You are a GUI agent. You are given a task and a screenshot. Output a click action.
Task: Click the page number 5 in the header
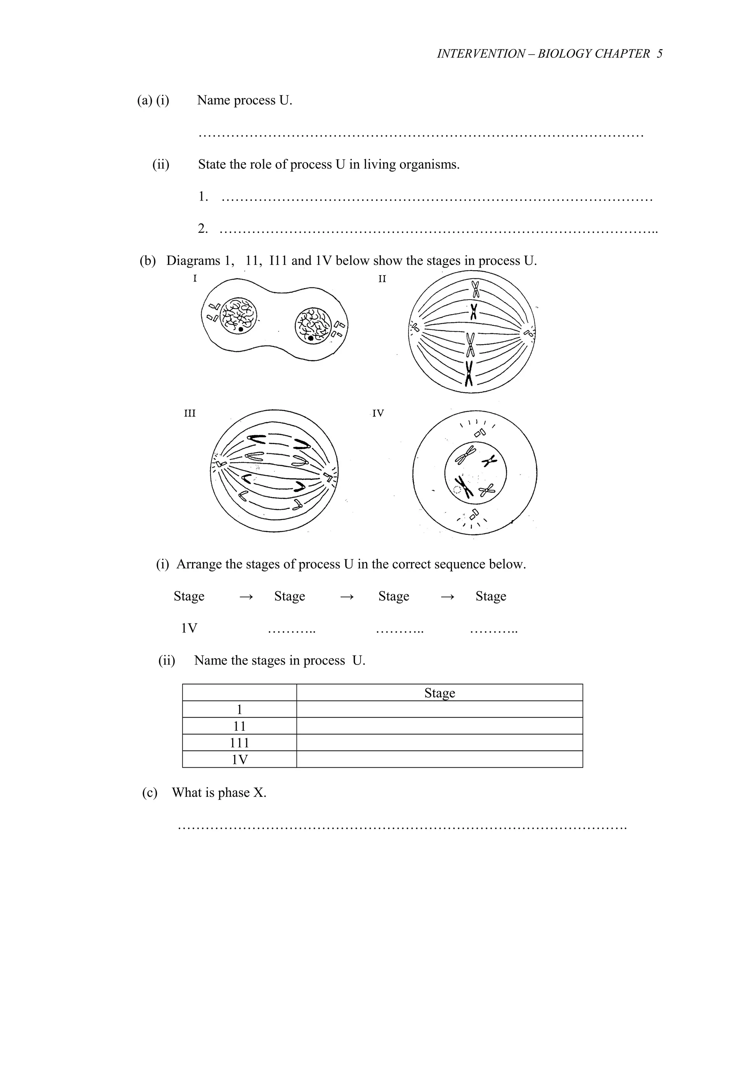(x=659, y=54)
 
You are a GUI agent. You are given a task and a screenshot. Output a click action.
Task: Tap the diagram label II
(x=382, y=279)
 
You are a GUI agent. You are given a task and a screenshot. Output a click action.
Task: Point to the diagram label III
(x=190, y=413)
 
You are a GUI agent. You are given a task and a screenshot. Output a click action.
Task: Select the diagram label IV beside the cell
(x=378, y=413)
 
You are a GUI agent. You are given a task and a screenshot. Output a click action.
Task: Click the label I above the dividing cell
(x=195, y=279)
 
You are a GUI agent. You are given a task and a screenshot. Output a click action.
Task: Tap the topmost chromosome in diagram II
(x=475, y=289)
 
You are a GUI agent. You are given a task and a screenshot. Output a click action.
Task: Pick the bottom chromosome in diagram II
(x=469, y=374)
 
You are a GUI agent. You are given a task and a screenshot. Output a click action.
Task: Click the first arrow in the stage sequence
(x=246, y=597)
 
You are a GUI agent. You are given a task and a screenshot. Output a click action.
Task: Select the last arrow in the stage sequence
(x=447, y=597)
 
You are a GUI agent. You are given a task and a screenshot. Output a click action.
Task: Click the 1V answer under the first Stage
(x=189, y=628)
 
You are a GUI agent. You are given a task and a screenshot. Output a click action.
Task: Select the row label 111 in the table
(x=239, y=743)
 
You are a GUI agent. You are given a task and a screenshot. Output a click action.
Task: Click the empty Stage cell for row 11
(x=439, y=726)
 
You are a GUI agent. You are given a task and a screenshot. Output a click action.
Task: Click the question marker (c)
(x=149, y=793)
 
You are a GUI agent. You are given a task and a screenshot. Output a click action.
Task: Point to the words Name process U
(x=244, y=101)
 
